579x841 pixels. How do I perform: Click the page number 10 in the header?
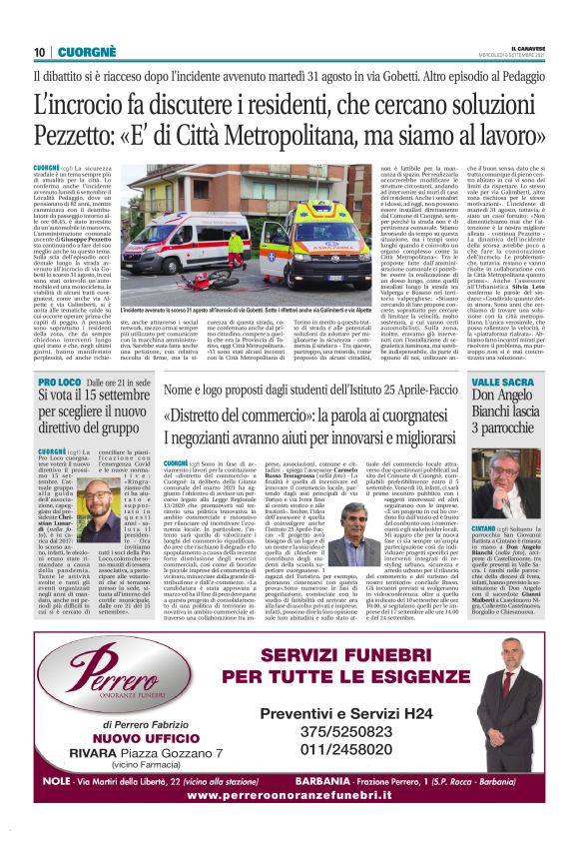coord(39,52)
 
